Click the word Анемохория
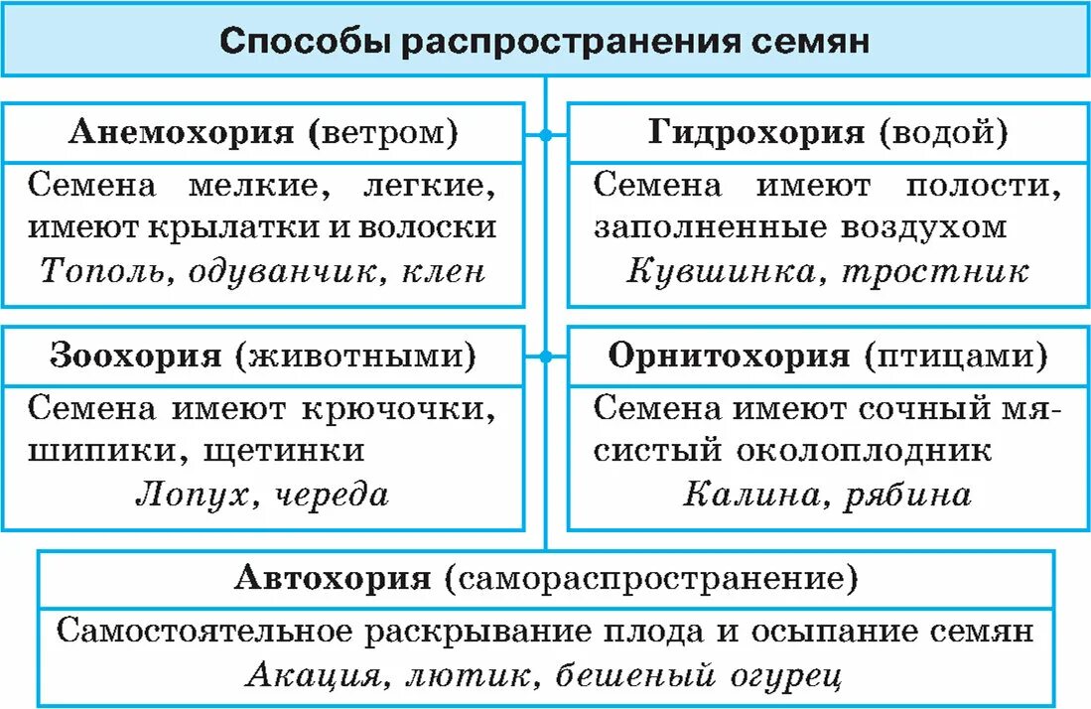point(181,134)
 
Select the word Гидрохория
point(756,134)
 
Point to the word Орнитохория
point(730,356)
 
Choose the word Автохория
point(334,579)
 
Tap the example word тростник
point(935,271)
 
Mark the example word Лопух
point(190,496)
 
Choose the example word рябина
point(907,496)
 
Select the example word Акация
point(311,676)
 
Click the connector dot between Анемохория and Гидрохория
point(545,132)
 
